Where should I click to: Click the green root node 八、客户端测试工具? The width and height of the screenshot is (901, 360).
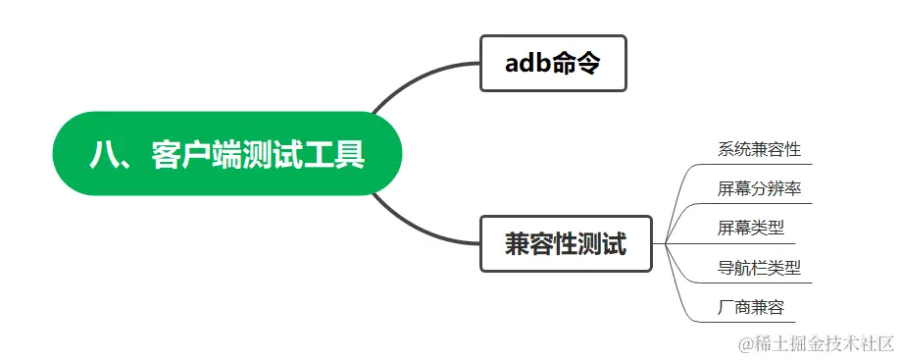226,154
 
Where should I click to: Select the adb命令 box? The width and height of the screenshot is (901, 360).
553,64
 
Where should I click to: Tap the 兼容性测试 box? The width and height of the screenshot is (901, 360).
566,243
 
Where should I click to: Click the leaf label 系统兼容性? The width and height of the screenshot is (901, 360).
759,150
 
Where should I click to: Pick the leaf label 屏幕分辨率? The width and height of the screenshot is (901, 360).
759,189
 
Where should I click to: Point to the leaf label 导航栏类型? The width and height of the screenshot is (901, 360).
759,268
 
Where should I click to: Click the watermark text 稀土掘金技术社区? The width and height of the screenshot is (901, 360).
825,343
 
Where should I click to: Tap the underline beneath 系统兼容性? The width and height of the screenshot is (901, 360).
759,164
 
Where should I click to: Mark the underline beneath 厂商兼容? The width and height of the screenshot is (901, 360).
750,322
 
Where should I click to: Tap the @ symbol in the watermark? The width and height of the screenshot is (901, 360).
745,344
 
